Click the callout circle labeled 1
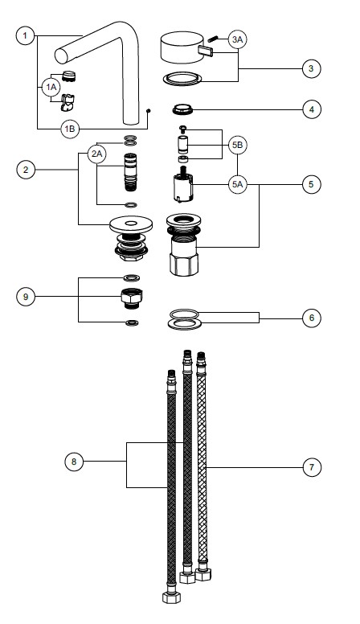(25, 36)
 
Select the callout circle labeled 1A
(51, 87)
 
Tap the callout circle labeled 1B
(70, 129)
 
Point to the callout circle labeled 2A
(97, 154)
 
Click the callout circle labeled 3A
(238, 39)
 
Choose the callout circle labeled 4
(312, 109)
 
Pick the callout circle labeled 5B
(238, 146)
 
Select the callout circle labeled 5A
(238, 184)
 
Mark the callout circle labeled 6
(312, 318)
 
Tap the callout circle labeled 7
(312, 467)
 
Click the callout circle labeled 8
(74, 462)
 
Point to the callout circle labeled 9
(26, 297)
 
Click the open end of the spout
(61, 56)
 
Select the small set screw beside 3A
(213, 39)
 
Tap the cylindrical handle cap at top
(182, 47)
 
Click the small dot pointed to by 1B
(148, 111)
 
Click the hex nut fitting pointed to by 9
(131, 298)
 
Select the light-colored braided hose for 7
(202, 466)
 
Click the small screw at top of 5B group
(183, 129)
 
